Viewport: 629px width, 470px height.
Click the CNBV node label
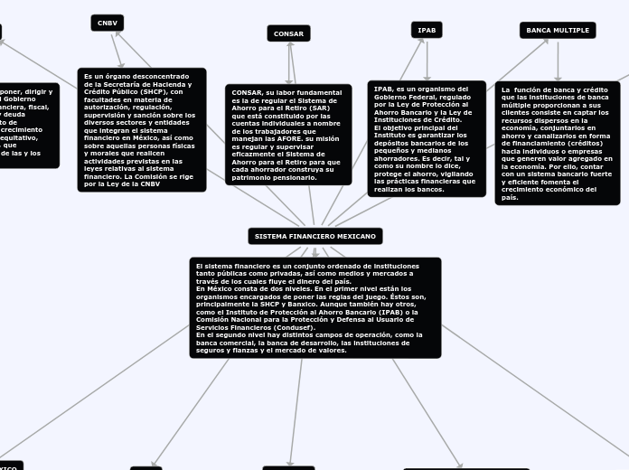(107, 23)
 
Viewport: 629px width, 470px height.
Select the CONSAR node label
(288, 33)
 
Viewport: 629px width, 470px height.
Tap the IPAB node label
(427, 30)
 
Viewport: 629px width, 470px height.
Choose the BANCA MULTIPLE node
(558, 30)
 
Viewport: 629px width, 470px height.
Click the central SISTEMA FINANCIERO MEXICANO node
(314, 236)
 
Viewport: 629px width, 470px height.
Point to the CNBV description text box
(141, 129)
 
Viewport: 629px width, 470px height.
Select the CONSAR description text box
(288, 135)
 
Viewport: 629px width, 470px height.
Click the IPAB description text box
(427, 138)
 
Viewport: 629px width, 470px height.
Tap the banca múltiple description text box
(558, 143)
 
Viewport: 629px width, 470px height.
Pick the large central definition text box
(314, 307)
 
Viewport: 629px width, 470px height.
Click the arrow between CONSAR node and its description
(290, 63)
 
